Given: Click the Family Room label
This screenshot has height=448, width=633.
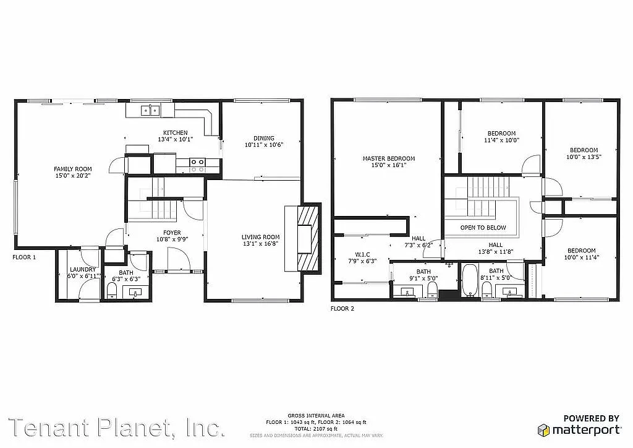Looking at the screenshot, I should pos(72,169).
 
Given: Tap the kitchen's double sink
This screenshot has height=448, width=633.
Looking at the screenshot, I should pos(150,111).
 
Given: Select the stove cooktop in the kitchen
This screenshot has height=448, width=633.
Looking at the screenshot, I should pos(197,164).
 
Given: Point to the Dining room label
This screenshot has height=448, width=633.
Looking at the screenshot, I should pos(263,138).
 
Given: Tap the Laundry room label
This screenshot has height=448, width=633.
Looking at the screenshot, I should pos(83,270).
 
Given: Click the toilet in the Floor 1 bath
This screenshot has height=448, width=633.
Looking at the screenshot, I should pos(113,290).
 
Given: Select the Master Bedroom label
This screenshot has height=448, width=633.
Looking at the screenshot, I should pos(388,158).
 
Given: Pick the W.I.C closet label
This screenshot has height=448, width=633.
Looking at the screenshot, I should pos(362,254).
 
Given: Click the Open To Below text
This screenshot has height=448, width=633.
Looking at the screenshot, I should pos(483,228).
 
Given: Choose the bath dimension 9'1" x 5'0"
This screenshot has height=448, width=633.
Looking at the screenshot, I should pos(423,278).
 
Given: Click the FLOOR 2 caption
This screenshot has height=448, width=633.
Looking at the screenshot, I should pos(342,308).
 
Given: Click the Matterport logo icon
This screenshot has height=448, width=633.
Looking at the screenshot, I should pos(543,429).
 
